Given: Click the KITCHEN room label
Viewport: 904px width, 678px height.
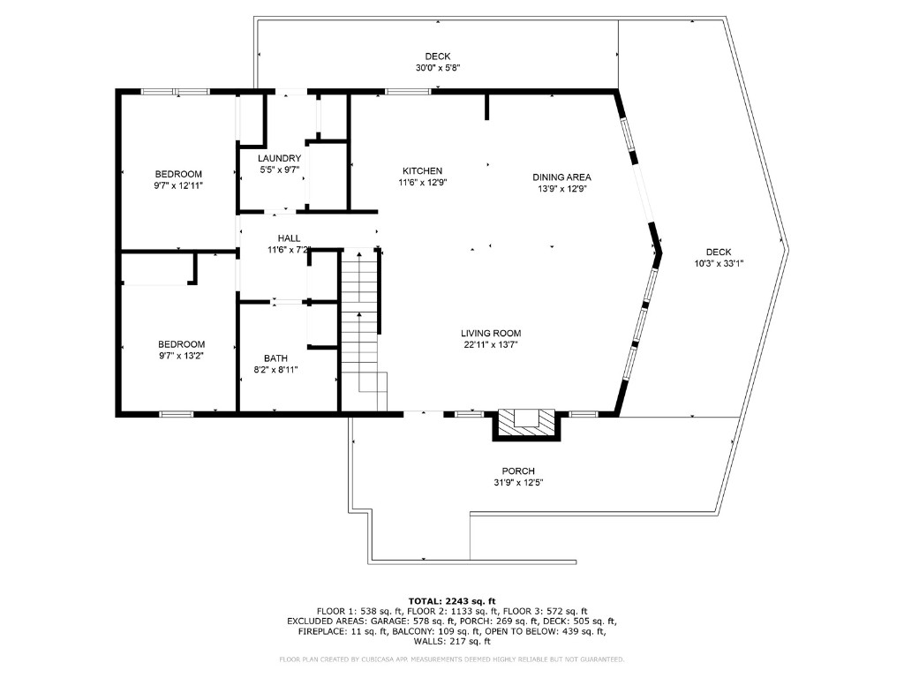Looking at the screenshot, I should (422, 170).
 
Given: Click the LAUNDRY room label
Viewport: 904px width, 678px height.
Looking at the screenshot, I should (279, 158).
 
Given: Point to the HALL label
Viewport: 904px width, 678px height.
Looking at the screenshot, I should (289, 238).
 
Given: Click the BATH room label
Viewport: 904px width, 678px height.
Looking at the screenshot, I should (275, 358).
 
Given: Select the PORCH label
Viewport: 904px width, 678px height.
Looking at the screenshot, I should (518, 471).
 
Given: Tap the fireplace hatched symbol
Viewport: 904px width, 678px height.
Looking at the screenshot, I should (526, 422).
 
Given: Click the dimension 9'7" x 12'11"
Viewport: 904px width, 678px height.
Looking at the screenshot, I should (178, 186).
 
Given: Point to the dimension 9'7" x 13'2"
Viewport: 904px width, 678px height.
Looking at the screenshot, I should (181, 356).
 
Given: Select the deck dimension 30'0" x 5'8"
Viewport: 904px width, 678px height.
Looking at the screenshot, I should (438, 68).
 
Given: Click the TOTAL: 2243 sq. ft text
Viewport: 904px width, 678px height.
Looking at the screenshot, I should (451, 600).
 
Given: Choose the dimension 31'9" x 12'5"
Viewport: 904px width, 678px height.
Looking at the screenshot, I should (518, 482).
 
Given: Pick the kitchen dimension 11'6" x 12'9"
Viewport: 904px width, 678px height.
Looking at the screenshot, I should (422, 182).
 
